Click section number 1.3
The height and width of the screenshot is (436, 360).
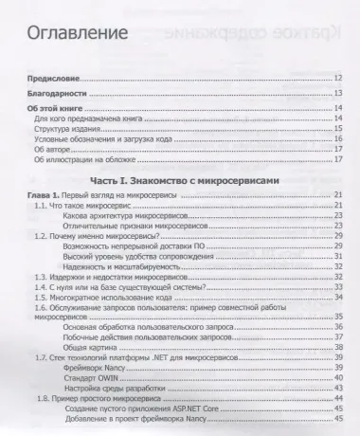(x=41, y=282)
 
